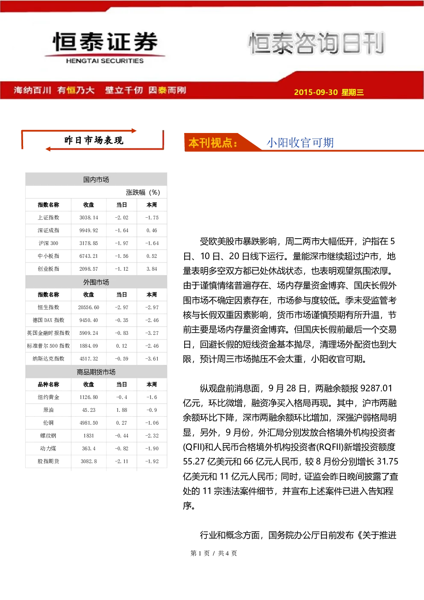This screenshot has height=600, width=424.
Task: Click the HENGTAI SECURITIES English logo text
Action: click(x=105, y=61)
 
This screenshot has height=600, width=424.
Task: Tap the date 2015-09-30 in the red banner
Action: click(x=316, y=92)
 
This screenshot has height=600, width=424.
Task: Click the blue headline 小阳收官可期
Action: click(x=300, y=142)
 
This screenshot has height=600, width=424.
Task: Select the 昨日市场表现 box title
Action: click(x=94, y=140)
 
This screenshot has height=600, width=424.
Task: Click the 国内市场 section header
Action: click(x=96, y=180)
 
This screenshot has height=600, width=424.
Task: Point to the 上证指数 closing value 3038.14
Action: click(x=88, y=218)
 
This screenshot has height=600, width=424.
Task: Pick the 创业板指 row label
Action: click(x=48, y=269)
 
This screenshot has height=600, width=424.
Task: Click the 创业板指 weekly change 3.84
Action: click(x=152, y=269)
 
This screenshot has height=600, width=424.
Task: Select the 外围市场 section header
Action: click(x=96, y=282)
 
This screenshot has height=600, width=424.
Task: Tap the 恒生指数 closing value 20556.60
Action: click(x=88, y=307)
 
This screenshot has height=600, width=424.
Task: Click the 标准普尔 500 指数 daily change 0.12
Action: click(x=121, y=346)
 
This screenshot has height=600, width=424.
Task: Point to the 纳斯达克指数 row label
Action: click(x=48, y=359)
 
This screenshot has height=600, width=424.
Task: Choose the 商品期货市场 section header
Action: click(x=96, y=372)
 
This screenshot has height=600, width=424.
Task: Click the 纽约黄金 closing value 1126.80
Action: click(x=88, y=397)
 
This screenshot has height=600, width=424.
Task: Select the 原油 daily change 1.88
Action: click(x=121, y=410)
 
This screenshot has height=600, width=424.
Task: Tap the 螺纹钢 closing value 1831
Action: click(x=88, y=435)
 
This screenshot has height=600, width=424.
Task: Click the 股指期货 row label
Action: click(x=48, y=461)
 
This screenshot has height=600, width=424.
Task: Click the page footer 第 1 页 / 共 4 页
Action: click(x=213, y=553)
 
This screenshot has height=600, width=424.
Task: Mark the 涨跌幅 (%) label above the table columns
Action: click(x=143, y=192)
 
